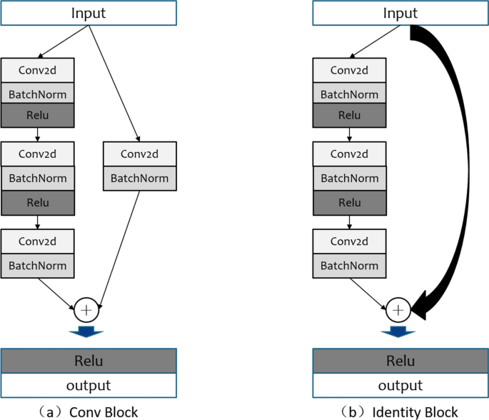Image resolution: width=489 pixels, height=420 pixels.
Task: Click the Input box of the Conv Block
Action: coord(89,13)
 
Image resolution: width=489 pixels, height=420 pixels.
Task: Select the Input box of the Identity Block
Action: coord(400,13)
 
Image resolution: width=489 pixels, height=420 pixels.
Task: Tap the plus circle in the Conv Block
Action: coord(88,311)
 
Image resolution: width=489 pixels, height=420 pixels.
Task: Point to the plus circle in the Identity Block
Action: coord(398,311)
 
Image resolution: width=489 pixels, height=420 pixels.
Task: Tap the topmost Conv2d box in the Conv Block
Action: coord(37,71)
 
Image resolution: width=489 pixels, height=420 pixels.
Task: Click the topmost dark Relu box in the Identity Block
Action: coord(349,115)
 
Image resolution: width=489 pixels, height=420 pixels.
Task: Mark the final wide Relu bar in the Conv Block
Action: coord(89,361)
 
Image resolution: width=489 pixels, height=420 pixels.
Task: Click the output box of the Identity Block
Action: coord(400,385)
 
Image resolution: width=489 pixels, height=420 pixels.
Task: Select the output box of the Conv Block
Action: coord(89,385)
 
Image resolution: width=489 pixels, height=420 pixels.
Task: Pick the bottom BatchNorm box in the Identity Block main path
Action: coord(349,265)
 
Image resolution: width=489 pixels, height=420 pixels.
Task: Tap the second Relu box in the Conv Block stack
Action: coord(37,202)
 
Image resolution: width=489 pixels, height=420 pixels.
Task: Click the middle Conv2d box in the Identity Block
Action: coord(349,154)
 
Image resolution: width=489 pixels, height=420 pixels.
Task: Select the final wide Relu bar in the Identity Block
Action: coord(400,361)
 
